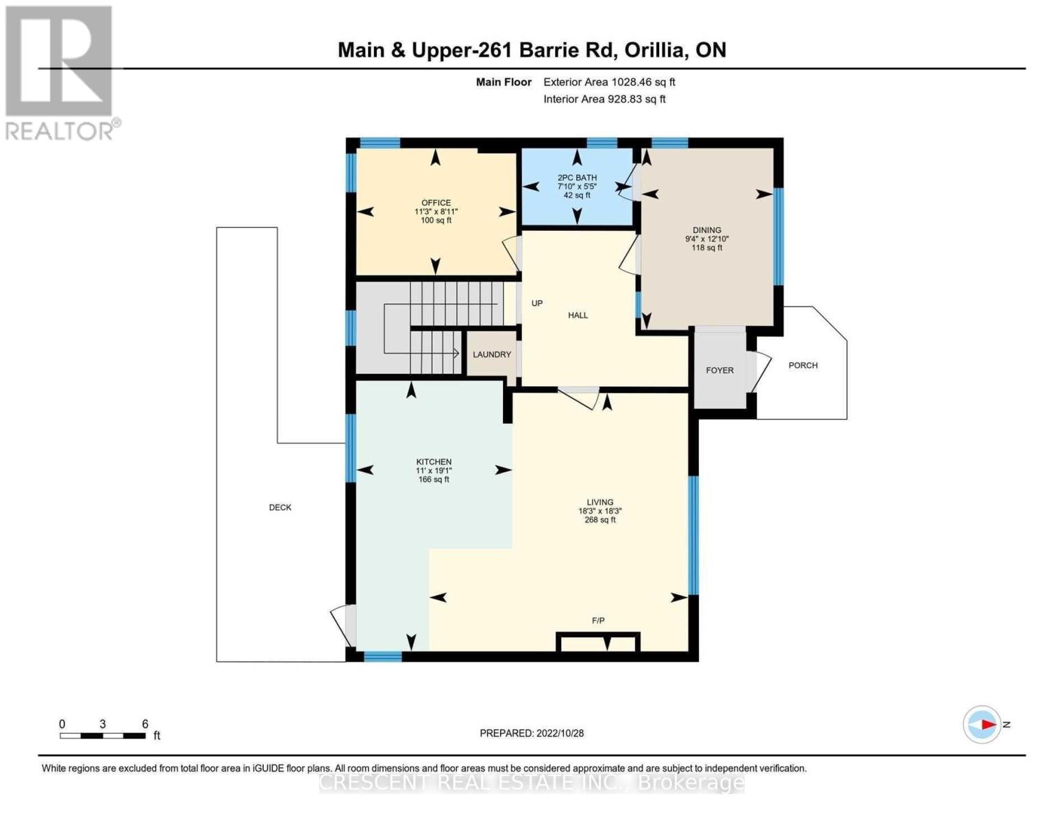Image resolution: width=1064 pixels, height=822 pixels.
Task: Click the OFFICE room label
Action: [x=436, y=203]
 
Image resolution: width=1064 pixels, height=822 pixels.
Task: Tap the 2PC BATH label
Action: [x=577, y=177]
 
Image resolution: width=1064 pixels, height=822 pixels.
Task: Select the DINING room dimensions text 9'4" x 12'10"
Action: [x=707, y=239]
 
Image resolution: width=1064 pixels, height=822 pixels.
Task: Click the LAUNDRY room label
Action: [x=491, y=355]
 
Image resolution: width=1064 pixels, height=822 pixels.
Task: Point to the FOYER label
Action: [x=719, y=371]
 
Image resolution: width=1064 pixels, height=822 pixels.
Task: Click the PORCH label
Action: [x=803, y=366]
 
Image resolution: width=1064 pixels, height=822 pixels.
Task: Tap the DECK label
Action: [x=280, y=508]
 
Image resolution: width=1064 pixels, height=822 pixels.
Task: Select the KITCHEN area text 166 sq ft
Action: [x=434, y=480]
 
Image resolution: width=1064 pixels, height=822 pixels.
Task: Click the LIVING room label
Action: [x=599, y=502]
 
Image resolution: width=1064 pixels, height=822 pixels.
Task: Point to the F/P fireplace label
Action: [x=598, y=621]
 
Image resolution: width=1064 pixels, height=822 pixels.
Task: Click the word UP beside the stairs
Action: [x=537, y=303]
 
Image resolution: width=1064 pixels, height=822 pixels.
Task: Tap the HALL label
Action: [x=578, y=316]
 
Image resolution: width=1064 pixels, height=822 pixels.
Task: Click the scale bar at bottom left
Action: [x=103, y=736]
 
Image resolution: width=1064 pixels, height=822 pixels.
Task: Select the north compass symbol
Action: [x=983, y=724]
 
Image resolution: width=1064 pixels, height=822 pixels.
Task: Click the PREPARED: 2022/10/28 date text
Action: [x=532, y=734]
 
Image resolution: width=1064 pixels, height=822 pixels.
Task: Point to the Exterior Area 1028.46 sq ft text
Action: [x=609, y=82]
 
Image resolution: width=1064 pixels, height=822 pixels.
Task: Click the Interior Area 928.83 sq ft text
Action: [x=604, y=99]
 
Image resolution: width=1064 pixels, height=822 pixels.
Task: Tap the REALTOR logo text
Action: [x=60, y=131]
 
